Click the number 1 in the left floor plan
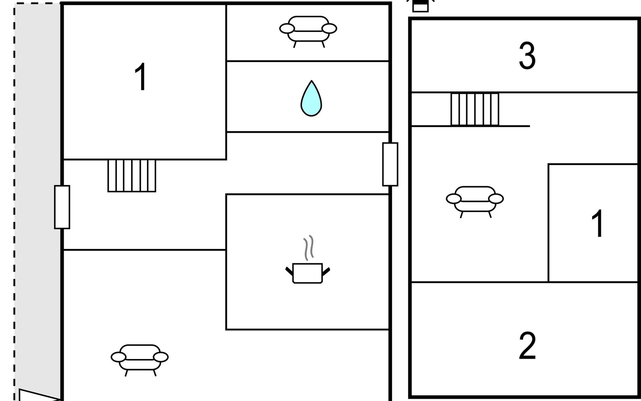tap(141, 77)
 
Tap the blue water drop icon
tap(311, 99)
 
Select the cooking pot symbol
tap(307, 273)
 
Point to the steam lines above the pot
tap(309, 248)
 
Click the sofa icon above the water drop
tap(308, 31)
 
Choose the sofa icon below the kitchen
tap(140, 360)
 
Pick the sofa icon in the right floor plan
tap(475, 202)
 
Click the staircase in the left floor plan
tap(132, 176)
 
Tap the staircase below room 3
tap(475, 109)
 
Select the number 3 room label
tap(527, 56)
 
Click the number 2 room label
tap(527, 346)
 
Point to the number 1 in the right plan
tap(597, 223)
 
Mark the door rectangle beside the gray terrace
tap(62, 207)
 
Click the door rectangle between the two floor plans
tap(390, 164)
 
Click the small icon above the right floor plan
tap(420, 6)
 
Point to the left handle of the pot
tap(289, 271)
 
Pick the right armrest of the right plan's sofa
tap(496, 199)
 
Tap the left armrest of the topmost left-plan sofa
tap(287, 29)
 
